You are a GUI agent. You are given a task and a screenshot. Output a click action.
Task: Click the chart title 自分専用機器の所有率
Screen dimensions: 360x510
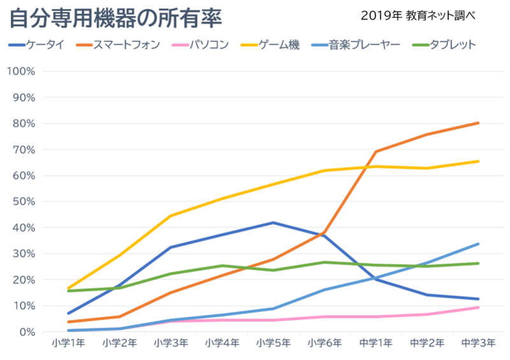click(x=115, y=18)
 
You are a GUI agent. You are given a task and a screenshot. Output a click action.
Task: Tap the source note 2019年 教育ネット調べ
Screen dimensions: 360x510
click(x=418, y=15)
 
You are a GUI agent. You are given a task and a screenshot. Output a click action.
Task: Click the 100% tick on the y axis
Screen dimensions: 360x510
click(x=22, y=71)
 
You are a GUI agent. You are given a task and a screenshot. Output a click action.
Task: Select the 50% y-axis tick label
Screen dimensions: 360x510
click(x=24, y=201)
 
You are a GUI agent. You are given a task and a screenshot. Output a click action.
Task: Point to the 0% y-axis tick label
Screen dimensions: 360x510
click(x=27, y=332)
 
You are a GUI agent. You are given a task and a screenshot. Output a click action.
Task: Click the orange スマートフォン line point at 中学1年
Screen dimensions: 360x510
click(x=376, y=152)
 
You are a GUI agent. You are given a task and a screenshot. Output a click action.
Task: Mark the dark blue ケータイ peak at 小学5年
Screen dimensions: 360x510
click(x=273, y=222)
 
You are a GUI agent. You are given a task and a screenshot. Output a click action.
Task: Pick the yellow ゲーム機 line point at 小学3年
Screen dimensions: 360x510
click(x=171, y=216)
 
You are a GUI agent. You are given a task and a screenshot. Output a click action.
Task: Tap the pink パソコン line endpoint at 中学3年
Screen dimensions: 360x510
click(x=479, y=308)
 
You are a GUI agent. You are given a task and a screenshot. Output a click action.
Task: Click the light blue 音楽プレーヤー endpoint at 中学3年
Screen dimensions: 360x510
click(x=479, y=243)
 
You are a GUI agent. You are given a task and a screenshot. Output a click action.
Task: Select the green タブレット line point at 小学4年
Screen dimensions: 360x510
click(x=222, y=266)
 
